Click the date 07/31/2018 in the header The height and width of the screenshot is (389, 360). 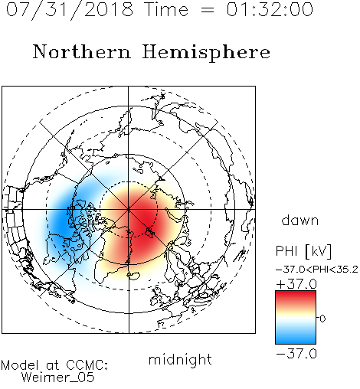coord(70,9)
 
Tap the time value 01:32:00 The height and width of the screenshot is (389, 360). coord(270,9)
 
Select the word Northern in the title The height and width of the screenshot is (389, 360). coord(82,51)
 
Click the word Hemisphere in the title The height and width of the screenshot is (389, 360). coord(206,52)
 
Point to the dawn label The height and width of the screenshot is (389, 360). coord(300,220)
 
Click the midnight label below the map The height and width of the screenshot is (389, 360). coord(180,360)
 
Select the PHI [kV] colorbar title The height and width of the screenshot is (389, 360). coord(303,251)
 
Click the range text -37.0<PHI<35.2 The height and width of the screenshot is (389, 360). coord(316,270)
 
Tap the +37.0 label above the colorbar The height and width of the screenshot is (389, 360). coord(296,284)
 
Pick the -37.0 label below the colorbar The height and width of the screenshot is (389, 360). coord(296,354)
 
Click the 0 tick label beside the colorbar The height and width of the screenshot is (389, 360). coord(322,319)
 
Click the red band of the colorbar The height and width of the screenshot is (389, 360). coord(296,297)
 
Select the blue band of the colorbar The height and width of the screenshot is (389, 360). coord(296,337)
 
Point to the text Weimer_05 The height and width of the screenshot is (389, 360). coord(58,377)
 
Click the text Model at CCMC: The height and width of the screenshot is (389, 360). coord(54,365)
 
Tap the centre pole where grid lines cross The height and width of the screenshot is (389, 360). coord(129,209)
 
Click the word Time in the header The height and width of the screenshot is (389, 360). coord(166,9)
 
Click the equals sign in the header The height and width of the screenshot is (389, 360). coord(208,10)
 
